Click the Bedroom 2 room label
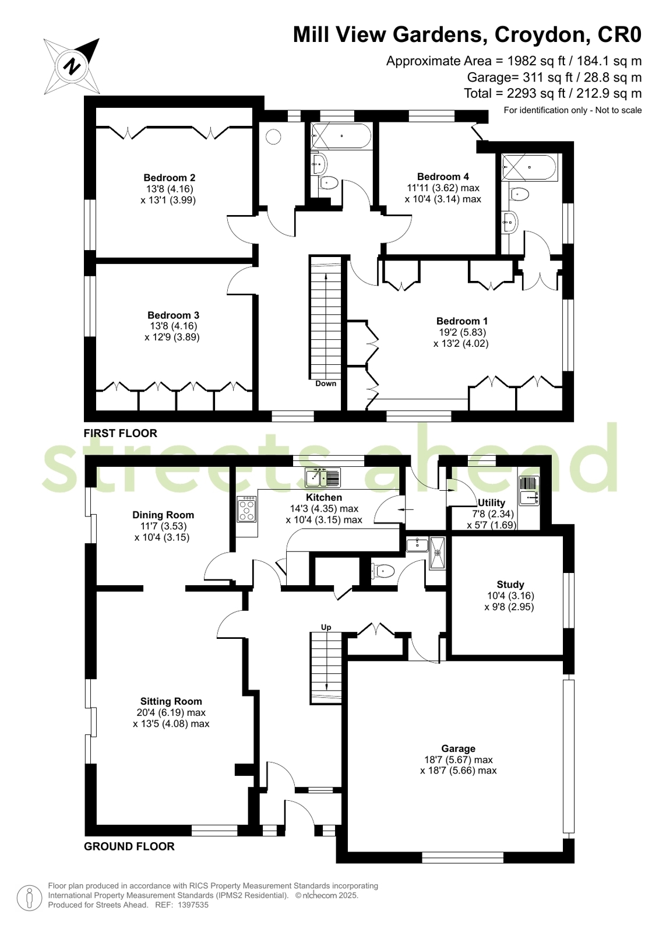(x=170, y=178)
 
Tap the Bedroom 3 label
(x=173, y=315)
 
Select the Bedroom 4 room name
(x=443, y=177)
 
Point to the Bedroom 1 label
(x=462, y=321)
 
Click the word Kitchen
(x=324, y=497)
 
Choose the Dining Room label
(x=163, y=515)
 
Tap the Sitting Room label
(x=171, y=701)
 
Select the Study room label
(x=510, y=585)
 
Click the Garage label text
(x=458, y=748)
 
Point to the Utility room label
(x=491, y=502)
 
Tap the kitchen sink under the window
(x=323, y=477)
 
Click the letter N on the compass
(x=73, y=66)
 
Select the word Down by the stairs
(x=326, y=383)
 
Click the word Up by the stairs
(x=326, y=627)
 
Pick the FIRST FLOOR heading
(x=121, y=433)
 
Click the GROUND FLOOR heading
(x=129, y=846)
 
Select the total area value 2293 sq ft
(x=538, y=93)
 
